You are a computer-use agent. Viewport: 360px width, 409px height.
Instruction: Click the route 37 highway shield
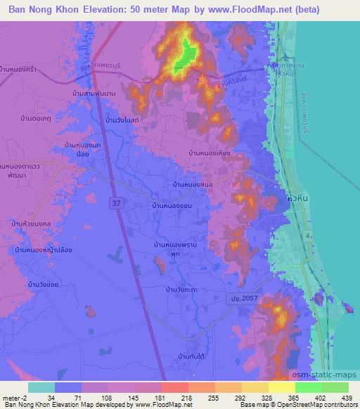point(114,202)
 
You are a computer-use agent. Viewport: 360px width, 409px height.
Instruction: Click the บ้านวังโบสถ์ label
point(124,121)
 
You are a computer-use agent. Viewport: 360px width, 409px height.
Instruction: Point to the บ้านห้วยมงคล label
point(30,223)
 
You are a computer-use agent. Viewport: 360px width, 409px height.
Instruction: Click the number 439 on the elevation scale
point(345,397)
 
